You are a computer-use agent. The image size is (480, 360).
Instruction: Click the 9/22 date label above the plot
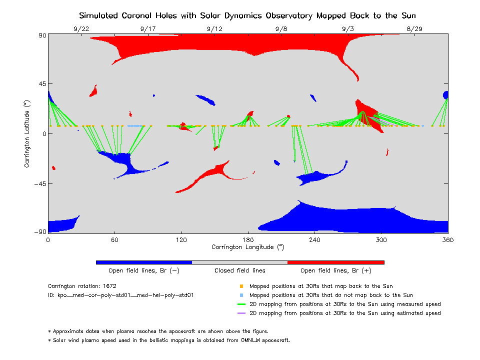[x=81, y=29]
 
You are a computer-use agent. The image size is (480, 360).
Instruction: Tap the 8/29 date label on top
[x=414, y=29]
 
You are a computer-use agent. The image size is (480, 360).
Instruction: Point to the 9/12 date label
[x=214, y=29]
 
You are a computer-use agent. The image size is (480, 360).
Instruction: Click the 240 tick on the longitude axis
[x=314, y=239]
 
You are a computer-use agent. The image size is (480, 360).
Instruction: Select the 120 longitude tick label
[x=181, y=239]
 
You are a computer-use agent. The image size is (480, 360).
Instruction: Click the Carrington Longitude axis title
[x=248, y=247]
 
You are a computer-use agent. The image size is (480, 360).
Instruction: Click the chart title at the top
[x=247, y=15]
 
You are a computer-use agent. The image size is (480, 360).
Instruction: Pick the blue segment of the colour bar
[x=144, y=262]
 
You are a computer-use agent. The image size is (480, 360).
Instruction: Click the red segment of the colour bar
[x=336, y=262]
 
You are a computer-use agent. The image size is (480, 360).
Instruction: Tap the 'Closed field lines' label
[x=240, y=270]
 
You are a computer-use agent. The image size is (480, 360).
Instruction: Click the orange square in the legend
[x=241, y=286]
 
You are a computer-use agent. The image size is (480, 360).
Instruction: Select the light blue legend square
[x=241, y=295]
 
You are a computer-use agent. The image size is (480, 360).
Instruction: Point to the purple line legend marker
[x=241, y=313]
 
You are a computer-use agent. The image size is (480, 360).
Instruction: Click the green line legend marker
[x=241, y=304]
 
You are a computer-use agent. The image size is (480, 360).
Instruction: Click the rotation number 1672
[x=109, y=286]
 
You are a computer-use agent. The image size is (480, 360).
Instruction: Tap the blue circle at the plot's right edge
[x=446, y=95]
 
